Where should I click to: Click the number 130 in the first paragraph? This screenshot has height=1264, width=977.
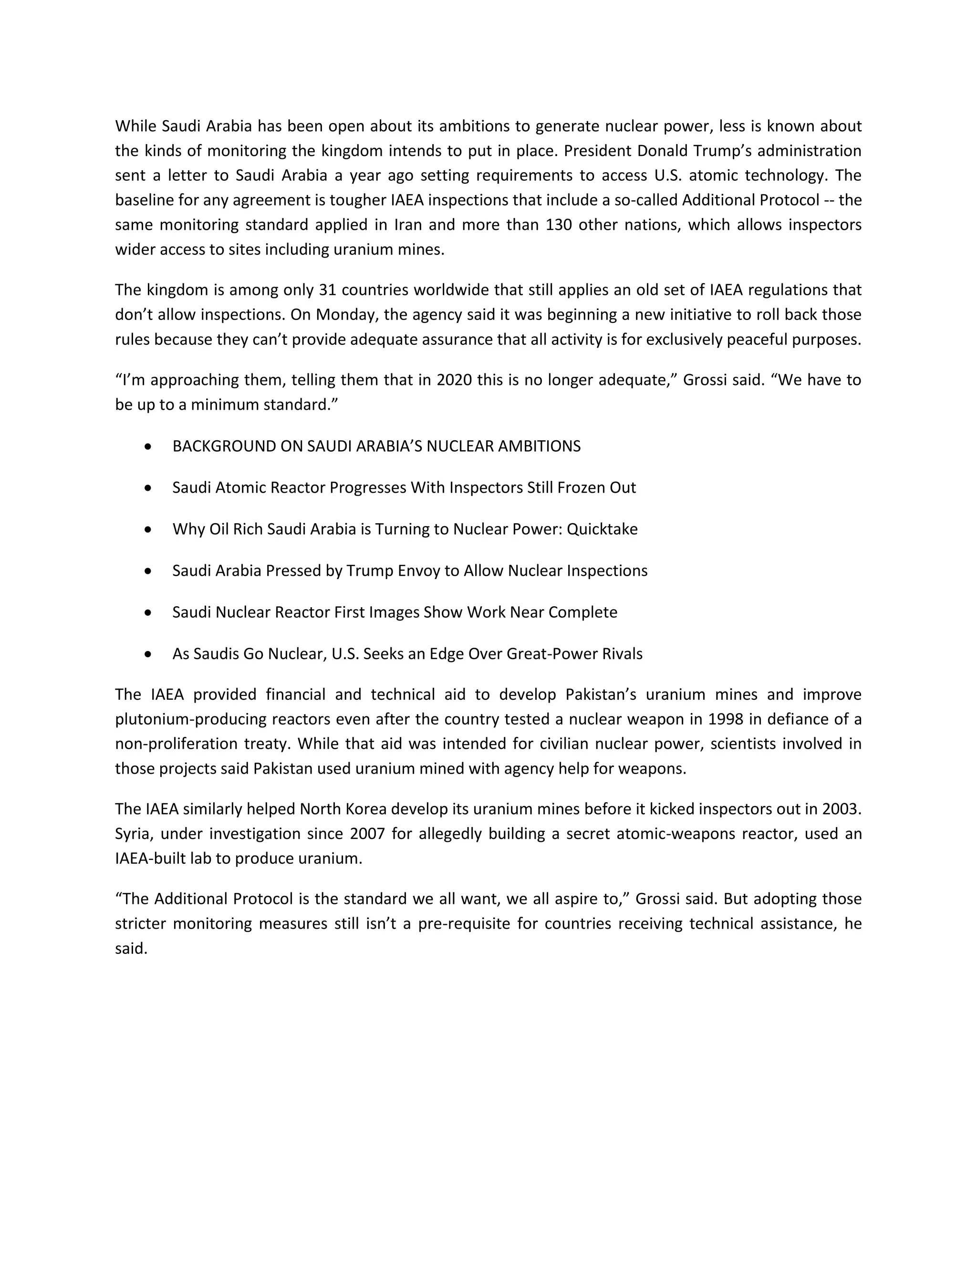[x=559, y=225]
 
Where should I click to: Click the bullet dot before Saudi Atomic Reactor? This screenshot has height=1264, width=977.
[x=149, y=488]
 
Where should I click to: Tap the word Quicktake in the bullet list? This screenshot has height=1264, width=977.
[x=602, y=529]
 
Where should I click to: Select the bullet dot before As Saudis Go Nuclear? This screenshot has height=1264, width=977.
[x=149, y=654]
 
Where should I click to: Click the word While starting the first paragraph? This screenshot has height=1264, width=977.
[x=135, y=126]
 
